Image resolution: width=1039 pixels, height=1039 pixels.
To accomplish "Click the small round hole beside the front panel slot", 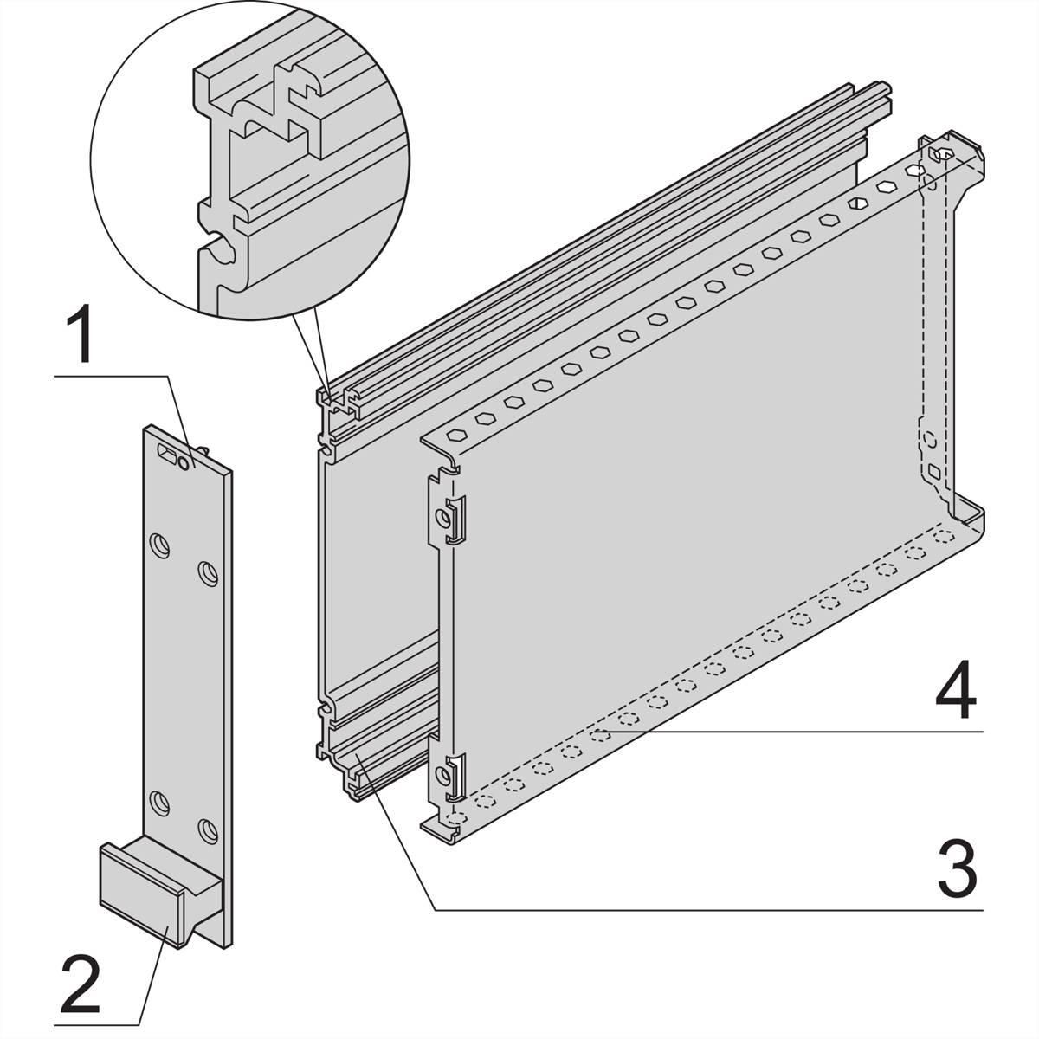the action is (x=184, y=462).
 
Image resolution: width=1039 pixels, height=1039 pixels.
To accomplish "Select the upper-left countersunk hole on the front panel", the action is (x=160, y=546).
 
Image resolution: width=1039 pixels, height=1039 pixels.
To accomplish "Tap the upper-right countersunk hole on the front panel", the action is (x=208, y=574).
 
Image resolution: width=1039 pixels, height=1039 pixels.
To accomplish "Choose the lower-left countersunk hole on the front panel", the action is (x=160, y=803).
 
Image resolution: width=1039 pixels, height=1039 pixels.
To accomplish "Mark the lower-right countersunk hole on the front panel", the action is (x=208, y=832).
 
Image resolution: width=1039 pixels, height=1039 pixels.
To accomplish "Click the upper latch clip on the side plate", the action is (x=455, y=519).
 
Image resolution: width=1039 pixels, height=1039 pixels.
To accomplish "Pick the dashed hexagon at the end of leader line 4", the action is (x=600, y=735).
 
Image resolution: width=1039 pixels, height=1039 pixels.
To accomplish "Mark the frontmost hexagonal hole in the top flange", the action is (x=456, y=435).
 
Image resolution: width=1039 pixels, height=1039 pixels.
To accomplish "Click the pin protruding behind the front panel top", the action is (x=203, y=449).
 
